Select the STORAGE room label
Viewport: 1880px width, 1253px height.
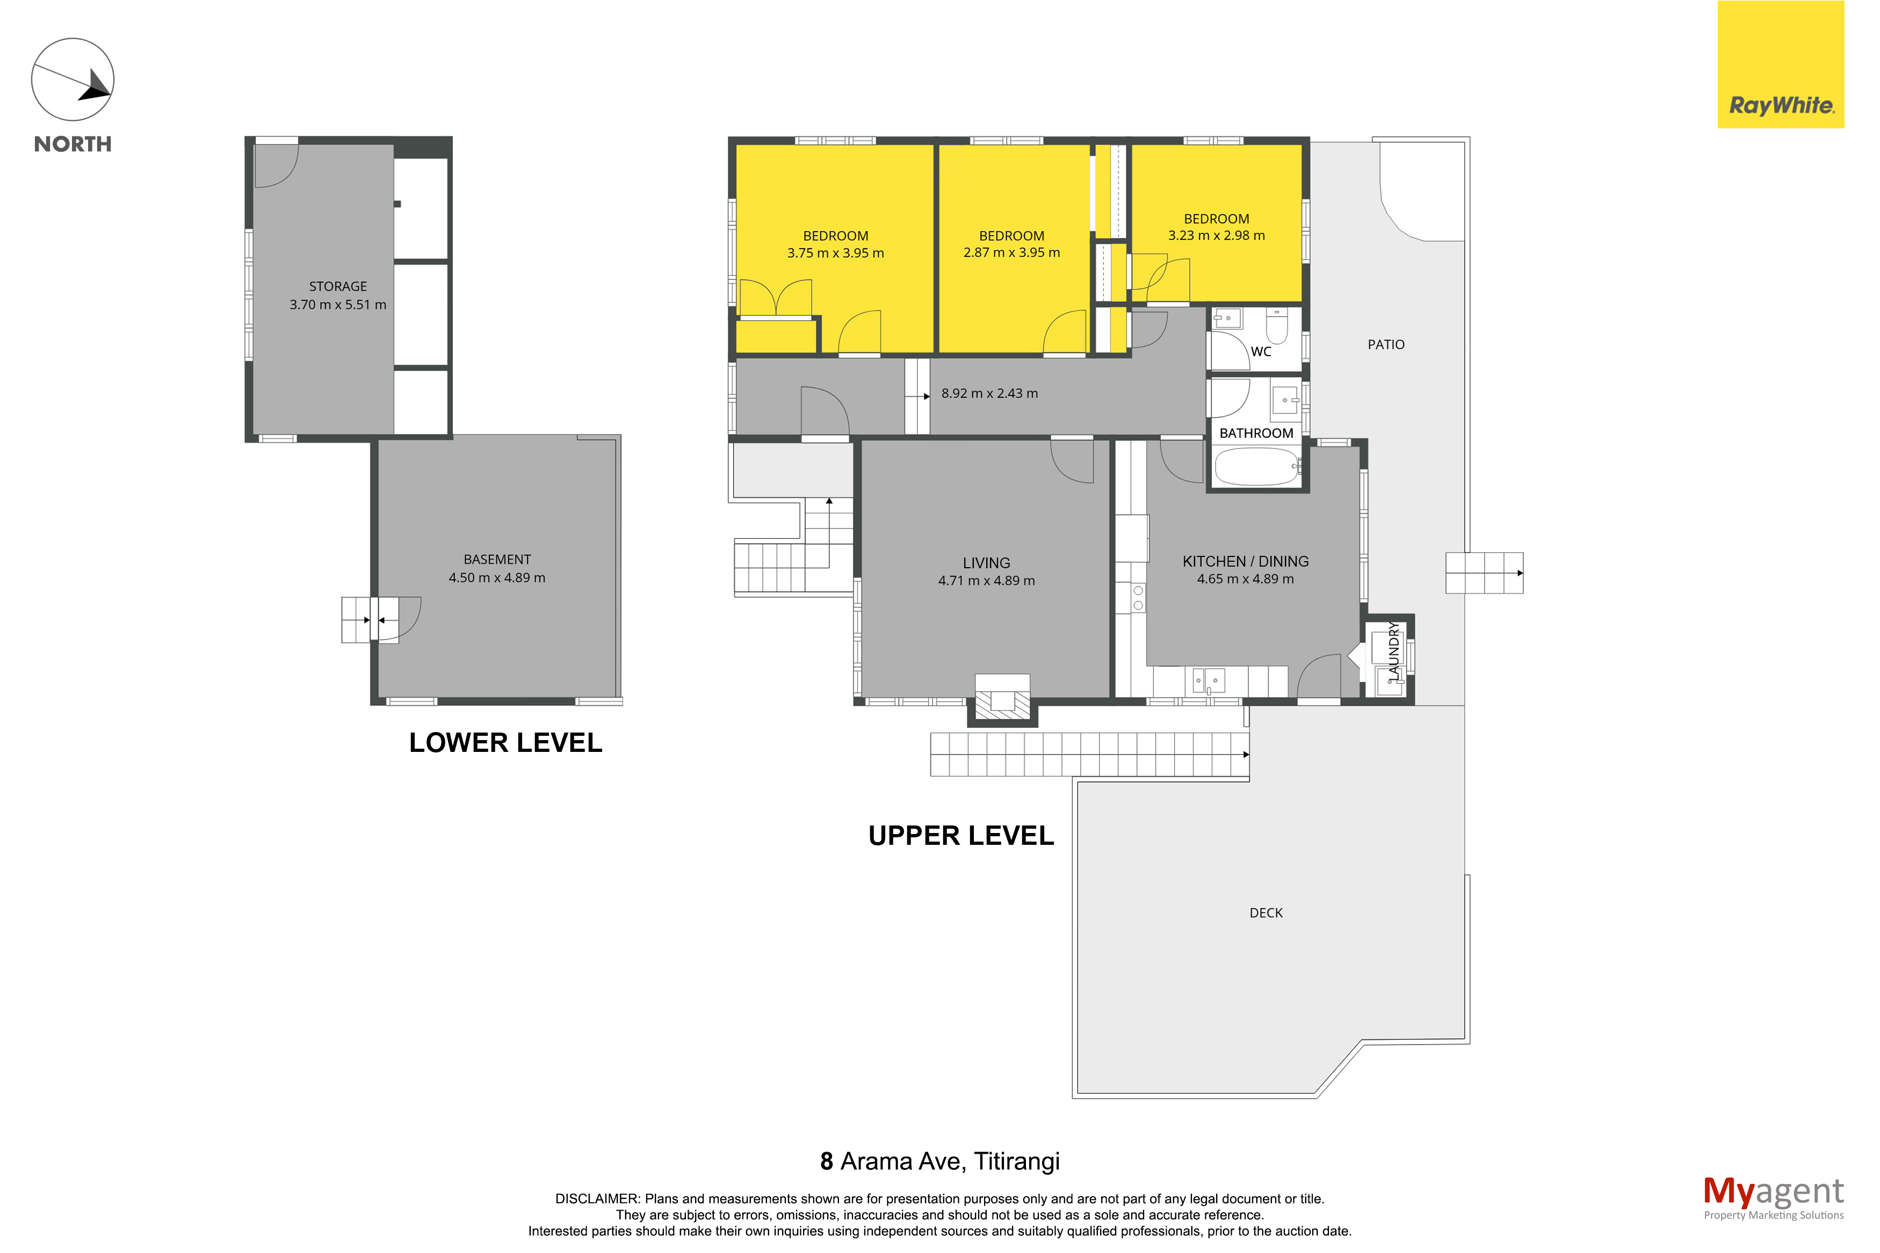[338, 286]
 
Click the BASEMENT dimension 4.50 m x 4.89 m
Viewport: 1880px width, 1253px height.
[497, 578]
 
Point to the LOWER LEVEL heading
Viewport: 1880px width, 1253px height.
[506, 742]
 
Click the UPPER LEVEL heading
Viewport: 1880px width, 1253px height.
[961, 836]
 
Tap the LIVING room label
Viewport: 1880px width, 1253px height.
[986, 562]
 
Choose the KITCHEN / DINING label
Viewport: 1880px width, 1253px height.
[1246, 561]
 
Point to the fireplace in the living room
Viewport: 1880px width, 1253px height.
[1002, 699]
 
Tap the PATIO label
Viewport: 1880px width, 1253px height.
[1385, 344]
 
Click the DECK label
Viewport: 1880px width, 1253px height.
[1266, 912]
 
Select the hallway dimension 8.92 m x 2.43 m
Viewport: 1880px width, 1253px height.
[989, 393]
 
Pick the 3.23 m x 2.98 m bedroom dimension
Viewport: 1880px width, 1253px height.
[1216, 236]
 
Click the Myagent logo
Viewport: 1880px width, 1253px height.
[1773, 1198]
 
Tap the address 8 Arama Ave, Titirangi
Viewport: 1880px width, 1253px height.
[939, 1161]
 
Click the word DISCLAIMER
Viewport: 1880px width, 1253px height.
[597, 1199]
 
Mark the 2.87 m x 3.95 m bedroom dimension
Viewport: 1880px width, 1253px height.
[1011, 252]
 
